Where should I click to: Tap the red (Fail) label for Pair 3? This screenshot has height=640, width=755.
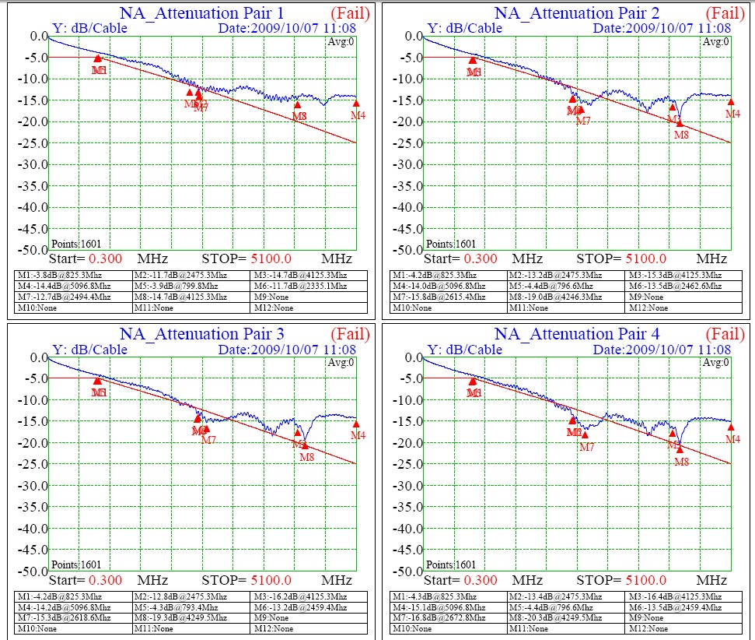pos(350,334)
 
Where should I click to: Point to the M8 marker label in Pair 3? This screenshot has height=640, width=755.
pos(307,457)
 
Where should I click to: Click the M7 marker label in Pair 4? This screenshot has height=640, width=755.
pos(587,447)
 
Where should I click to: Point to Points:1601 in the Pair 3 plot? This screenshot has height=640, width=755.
pos(75,564)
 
